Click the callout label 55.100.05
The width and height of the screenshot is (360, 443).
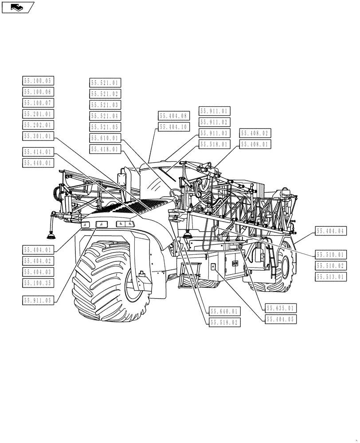point(38,81)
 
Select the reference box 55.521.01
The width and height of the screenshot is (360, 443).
point(105,83)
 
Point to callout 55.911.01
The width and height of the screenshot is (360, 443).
point(215,111)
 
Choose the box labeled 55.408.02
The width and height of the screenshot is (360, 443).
point(255,133)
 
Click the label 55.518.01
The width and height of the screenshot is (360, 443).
point(215,144)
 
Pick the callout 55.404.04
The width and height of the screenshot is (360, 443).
point(330,231)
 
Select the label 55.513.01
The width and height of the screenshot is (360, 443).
point(330,277)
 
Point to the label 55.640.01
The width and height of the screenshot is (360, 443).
point(224,311)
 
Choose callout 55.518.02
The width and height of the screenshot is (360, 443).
point(224,323)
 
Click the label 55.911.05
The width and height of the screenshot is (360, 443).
point(38,300)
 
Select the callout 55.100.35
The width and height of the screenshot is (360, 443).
point(38,282)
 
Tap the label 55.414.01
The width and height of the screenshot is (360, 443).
point(38,152)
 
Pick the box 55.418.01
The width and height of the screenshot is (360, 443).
point(105,149)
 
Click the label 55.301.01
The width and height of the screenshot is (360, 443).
point(38,136)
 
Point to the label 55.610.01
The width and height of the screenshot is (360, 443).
point(105,138)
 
